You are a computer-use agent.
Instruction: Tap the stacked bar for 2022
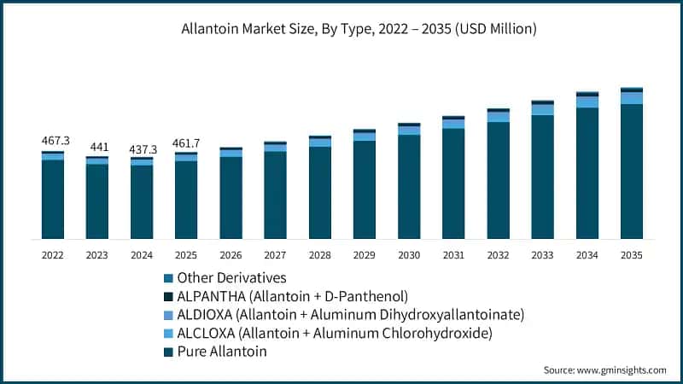click(x=53, y=195)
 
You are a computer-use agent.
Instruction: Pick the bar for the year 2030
click(x=409, y=182)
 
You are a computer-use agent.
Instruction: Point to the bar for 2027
click(x=275, y=190)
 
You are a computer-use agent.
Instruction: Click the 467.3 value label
click(x=53, y=140)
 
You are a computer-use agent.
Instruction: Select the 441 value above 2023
click(x=97, y=147)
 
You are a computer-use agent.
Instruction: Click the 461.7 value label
click(x=186, y=142)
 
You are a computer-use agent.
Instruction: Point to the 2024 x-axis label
click(x=142, y=254)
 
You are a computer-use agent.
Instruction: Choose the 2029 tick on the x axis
click(x=365, y=254)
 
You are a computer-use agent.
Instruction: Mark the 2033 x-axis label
click(x=542, y=254)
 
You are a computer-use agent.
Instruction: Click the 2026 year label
click(x=231, y=254)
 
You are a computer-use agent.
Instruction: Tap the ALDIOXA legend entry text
click(x=350, y=315)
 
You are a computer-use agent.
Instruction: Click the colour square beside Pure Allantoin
click(x=168, y=352)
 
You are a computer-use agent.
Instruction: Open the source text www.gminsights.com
click(x=604, y=370)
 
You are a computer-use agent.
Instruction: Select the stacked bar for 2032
click(x=498, y=174)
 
